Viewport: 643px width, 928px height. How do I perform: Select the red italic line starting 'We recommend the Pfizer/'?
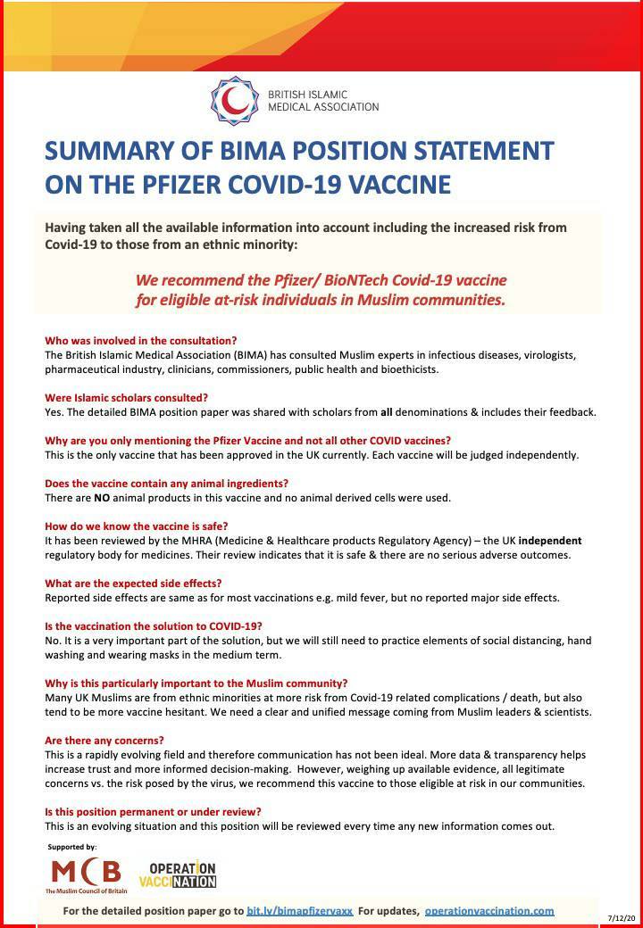tap(321, 280)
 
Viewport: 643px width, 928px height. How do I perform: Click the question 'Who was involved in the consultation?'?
tap(140, 340)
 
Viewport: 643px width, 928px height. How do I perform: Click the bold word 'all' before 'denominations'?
tap(386, 411)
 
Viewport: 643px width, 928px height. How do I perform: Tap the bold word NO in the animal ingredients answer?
tap(102, 497)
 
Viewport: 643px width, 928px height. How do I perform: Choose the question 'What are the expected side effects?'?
tap(133, 583)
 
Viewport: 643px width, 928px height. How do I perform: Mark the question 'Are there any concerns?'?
tap(105, 740)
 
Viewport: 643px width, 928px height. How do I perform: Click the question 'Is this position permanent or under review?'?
tap(153, 811)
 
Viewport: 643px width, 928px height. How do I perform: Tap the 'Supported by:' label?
tap(72, 846)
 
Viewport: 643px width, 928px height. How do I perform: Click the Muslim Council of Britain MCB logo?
tap(87, 875)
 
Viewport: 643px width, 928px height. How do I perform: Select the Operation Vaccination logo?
tap(178, 875)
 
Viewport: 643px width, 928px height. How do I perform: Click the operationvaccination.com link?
tap(489, 911)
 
